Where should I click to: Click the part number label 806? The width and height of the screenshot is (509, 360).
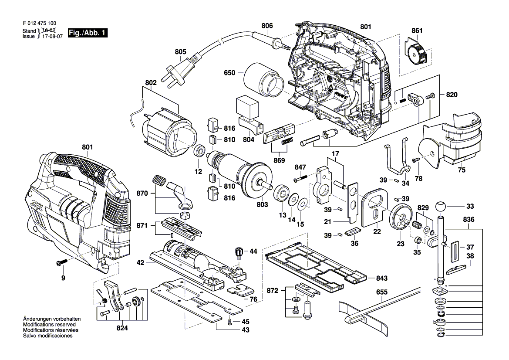tap(267, 26)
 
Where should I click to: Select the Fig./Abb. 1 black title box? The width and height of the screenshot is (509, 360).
tap(88, 33)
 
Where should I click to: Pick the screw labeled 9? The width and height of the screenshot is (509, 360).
tap(61, 263)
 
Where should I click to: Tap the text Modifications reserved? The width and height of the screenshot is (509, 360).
tap(51, 325)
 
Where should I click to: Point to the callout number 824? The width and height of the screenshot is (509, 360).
tap(122, 328)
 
